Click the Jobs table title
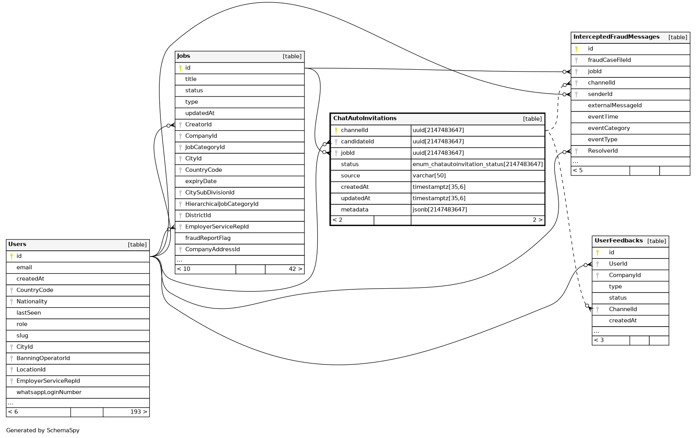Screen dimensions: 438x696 (x=184, y=56)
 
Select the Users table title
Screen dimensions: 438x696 (x=17, y=244)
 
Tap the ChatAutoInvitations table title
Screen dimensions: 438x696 (x=365, y=118)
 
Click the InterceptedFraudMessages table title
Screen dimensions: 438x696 (x=616, y=37)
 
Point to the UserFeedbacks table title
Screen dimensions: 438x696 (x=618, y=241)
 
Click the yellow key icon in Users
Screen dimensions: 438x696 (x=12, y=256)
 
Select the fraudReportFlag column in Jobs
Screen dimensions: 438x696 (x=208, y=238)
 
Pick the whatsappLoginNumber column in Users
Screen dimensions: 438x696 (x=49, y=392)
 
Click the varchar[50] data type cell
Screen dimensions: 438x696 (x=429, y=176)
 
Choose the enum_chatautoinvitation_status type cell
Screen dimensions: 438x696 (x=478, y=164)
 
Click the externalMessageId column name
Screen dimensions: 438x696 (x=614, y=106)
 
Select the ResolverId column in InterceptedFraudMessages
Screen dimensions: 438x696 (x=602, y=151)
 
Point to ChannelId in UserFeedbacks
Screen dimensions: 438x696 (x=623, y=309)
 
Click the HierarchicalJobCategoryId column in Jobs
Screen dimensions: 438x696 (x=222, y=204)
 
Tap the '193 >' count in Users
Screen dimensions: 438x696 (x=138, y=412)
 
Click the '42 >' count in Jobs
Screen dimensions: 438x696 (x=295, y=269)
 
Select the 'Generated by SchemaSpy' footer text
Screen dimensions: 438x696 (x=43, y=430)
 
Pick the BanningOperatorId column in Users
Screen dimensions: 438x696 (x=43, y=358)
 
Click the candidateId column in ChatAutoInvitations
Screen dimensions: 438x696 (x=357, y=142)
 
